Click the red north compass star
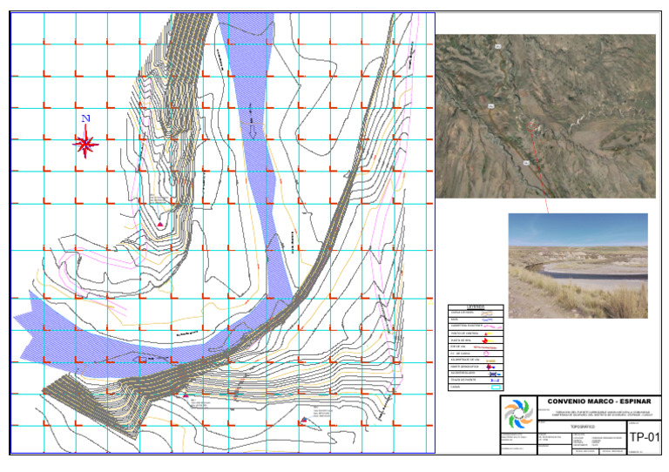(85, 143)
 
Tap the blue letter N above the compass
(85, 118)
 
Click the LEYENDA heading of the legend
(476, 306)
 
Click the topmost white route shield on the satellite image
(497, 45)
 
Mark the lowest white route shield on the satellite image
(526, 163)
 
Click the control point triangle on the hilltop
(161, 225)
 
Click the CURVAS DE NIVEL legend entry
(462, 312)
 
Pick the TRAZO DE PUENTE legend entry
(462, 381)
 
